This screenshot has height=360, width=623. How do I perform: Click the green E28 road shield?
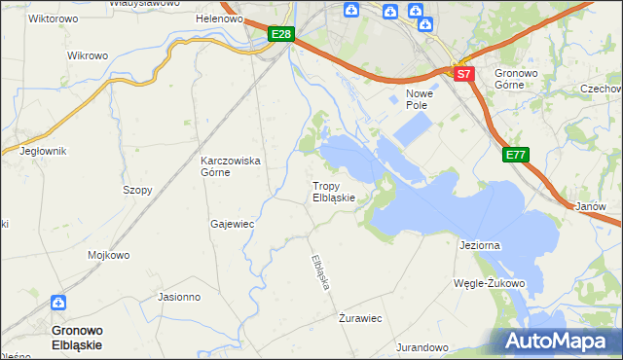click(x=280, y=35)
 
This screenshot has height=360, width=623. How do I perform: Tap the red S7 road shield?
click(x=463, y=74)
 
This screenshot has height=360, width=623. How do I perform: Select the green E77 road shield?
click(x=516, y=154)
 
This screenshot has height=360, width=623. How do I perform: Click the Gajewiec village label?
click(x=232, y=224)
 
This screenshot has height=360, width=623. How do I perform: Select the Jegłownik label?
click(x=42, y=151)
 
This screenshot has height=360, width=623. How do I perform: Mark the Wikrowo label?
click(x=88, y=55)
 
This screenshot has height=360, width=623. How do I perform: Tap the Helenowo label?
click(x=218, y=19)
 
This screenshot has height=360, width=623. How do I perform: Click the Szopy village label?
click(x=137, y=191)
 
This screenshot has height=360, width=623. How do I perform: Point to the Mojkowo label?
click(x=109, y=256)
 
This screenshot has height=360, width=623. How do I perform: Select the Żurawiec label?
click(x=360, y=318)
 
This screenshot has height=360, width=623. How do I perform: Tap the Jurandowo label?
click(x=421, y=347)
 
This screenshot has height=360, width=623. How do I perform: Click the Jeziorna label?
click(x=479, y=246)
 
